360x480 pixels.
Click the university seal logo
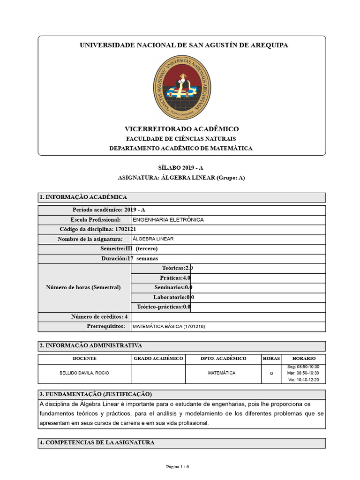click(x=182, y=87)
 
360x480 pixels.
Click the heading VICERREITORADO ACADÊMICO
click(x=181, y=129)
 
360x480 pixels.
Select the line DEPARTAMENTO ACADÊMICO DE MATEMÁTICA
click(x=181, y=148)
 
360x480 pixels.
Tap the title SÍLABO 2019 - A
click(x=181, y=168)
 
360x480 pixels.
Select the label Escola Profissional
click(x=96, y=220)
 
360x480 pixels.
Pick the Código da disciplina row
click(x=97, y=229)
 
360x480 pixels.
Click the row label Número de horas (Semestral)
click(x=83, y=287)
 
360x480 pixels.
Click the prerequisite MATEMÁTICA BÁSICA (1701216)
click(x=169, y=326)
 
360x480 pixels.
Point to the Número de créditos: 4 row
click(x=99, y=317)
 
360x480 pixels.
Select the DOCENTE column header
click(x=84, y=359)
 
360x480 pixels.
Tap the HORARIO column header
click(x=304, y=359)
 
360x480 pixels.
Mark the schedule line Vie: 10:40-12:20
click(x=303, y=380)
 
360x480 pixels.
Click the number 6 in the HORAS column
click(x=271, y=374)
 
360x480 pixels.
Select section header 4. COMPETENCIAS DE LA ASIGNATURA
click(x=97, y=442)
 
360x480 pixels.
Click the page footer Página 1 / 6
click(x=178, y=467)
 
